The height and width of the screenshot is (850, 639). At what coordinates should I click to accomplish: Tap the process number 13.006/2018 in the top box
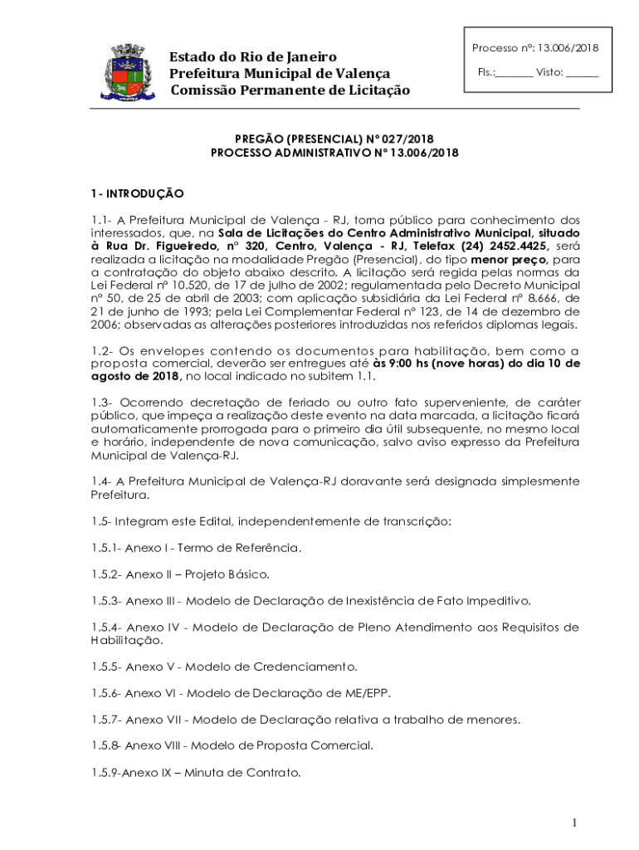click(x=568, y=48)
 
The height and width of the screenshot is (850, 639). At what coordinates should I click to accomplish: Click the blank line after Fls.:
click(x=515, y=73)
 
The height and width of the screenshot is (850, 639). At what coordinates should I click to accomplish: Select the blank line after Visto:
click(x=583, y=73)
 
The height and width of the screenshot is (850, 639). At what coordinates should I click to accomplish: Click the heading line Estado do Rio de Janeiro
click(x=253, y=57)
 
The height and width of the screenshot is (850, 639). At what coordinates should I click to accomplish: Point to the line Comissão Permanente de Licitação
click(x=290, y=90)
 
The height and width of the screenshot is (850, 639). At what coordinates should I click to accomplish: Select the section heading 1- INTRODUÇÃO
click(x=137, y=193)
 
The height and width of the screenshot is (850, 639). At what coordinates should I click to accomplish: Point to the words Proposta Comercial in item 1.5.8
click(x=325, y=745)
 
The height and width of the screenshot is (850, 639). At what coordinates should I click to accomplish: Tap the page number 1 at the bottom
click(x=573, y=823)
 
